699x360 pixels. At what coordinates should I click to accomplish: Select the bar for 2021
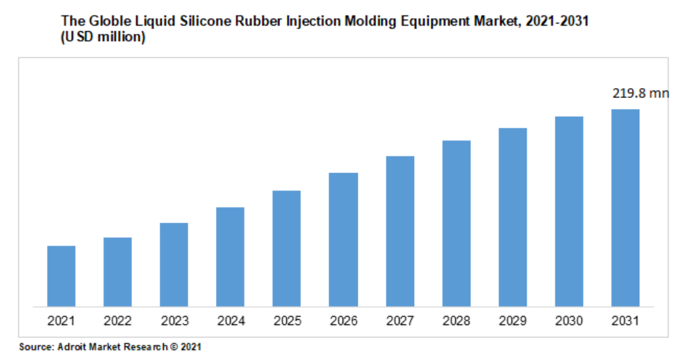(61, 276)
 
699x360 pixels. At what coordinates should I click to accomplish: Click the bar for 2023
(174, 264)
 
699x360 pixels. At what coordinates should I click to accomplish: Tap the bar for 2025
(286, 248)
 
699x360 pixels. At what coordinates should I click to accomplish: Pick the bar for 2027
(400, 231)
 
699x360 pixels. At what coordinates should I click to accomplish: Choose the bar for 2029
(513, 217)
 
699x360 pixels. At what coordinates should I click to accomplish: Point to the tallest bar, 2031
(625, 207)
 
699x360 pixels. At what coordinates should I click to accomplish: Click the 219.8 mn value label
(640, 93)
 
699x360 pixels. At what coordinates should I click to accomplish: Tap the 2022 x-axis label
(117, 321)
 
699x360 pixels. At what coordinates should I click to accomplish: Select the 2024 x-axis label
(230, 321)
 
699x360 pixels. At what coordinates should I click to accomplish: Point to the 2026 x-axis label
(343, 321)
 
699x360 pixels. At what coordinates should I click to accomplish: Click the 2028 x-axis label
(457, 321)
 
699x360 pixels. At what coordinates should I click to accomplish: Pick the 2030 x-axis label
(569, 321)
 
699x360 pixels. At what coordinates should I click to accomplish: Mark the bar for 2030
(569, 211)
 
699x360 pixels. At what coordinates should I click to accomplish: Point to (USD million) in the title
(103, 38)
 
